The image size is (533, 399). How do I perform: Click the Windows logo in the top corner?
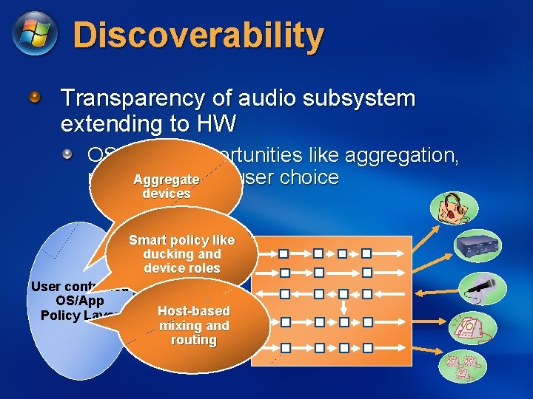34,34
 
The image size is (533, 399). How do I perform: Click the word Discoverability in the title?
198,35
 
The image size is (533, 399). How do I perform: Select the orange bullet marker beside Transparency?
35,97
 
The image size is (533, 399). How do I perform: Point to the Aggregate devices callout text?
166,186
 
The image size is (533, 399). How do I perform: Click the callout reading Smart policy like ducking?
181,254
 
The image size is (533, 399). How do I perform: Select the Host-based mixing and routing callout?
193,325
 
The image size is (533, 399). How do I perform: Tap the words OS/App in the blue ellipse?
79,301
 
